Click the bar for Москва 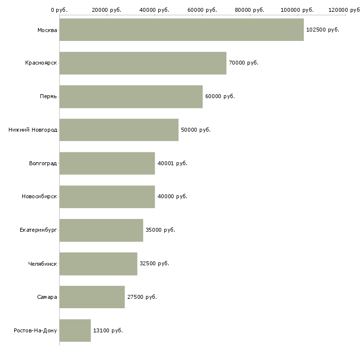tap(181, 30)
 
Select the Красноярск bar tap(143, 63)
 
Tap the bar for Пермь tap(131, 96)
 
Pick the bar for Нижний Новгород tap(119, 130)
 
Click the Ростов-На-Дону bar tap(75, 330)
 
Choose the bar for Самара tap(92, 297)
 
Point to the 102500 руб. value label tap(323, 30)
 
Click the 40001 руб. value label tap(172, 163)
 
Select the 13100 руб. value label tap(108, 330)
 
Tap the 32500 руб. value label tap(154, 263)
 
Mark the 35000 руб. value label tap(160, 230)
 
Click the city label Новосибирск tap(39, 196)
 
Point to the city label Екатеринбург tap(38, 230)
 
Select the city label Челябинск tap(42, 263)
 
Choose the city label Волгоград tap(43, 163)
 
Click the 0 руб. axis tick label tap(59, 10)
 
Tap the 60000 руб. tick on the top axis tap(202, 10)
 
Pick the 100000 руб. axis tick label tap(297, 10)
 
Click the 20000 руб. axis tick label tap(107, 10)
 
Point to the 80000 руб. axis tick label tap(250, 10)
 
